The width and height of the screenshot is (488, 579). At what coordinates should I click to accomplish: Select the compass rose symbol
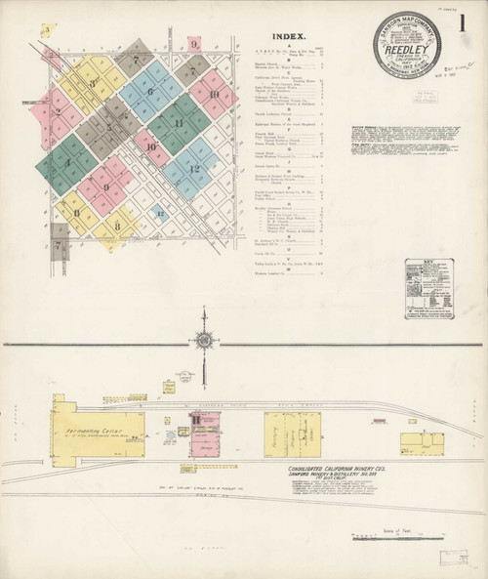[x=204, y=340]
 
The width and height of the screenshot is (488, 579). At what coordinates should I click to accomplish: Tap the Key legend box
[x=428, y=288]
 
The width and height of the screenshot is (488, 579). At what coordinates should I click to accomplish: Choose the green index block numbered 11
[x=179, y=124]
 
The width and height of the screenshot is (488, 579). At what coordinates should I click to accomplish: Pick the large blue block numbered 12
[x=193, y=168]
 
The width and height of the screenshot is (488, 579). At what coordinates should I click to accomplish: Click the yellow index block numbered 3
[x=92, y=83]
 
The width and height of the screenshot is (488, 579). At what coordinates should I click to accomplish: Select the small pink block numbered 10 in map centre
[x=151, y=147]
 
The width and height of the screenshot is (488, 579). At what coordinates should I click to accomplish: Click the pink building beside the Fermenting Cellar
[x=205, y=434]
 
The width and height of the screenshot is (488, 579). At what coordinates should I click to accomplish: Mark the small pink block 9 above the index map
[x=194, y=43]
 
